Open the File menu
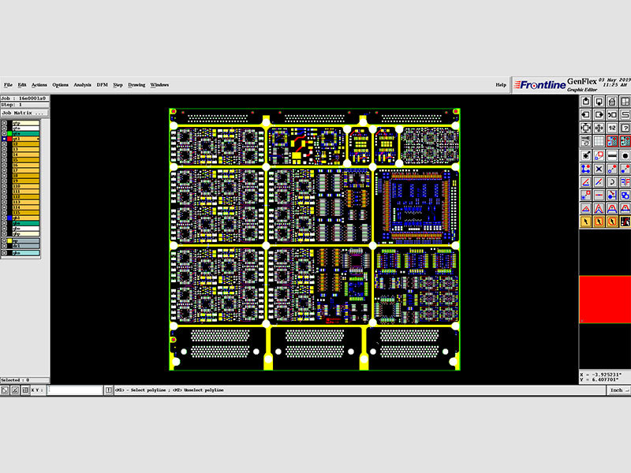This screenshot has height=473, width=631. tap(8, 84)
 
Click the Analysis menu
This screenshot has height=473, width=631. tap(82, 84)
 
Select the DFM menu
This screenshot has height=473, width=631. tap(102, 84)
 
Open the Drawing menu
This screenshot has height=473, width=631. tap(136, 84)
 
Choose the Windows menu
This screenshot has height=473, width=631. tap(159, 84)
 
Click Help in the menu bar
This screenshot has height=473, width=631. tap(501, 84)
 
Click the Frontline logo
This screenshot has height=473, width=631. tap(538, 85)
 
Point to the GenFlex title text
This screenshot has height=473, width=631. tap(581, 81)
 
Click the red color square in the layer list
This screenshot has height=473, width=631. tap(10, 139)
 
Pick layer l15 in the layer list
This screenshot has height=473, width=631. tap(24, 212)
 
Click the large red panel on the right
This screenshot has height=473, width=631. tap(604, 299)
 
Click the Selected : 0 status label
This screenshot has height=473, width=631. tap(16, 380)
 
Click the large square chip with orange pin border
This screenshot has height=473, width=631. tap(415, 205)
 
